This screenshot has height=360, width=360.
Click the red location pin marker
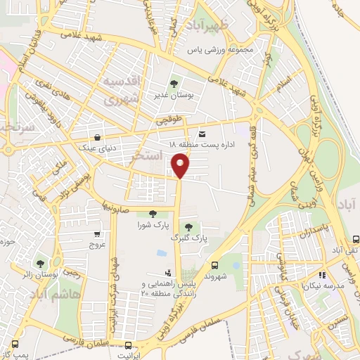pos(180,166)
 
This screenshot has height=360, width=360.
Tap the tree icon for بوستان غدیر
pos(174,84)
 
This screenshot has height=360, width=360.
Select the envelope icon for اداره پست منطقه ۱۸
pos(202,134)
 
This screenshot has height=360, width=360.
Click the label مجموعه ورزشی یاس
pos(219,51)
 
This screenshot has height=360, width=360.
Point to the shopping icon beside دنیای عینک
pos(96,137)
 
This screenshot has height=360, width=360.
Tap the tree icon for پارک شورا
pos(153,214)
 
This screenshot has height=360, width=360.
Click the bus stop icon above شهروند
pos(215,264)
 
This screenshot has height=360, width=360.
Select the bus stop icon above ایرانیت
pos(127,345)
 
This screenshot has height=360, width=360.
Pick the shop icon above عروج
pos(96,235)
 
